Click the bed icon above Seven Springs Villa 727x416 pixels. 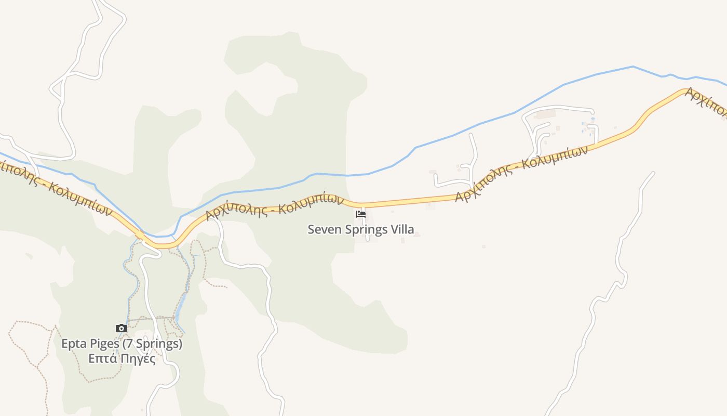[x=361, y=214]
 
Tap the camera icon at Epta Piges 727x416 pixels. [x=121, y=328]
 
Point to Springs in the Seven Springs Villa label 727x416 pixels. [x=367, y=229]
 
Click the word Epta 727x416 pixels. [x=73, y=344]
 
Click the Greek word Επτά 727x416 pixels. [x=102, y=359]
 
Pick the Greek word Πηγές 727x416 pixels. [x=137, y=359]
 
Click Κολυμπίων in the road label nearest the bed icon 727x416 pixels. [x=311, y=203]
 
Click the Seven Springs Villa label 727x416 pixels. [x=361, y=229]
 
